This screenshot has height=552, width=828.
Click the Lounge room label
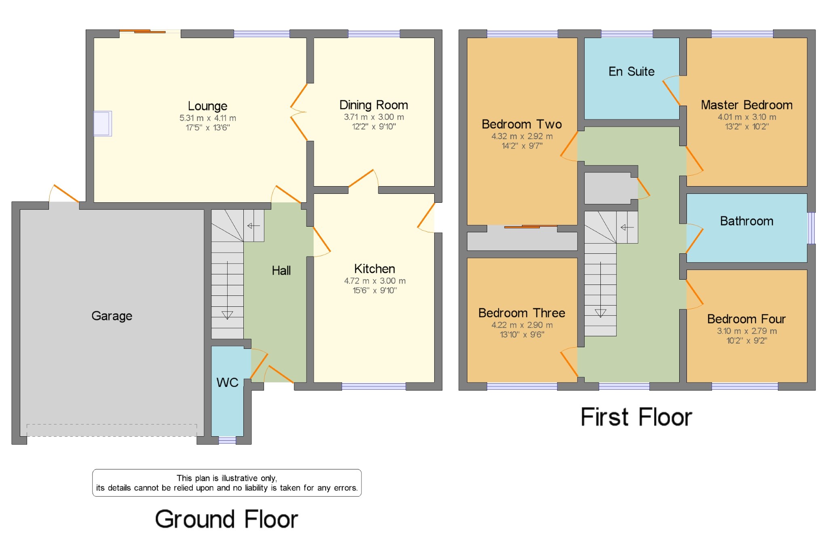tap(207, 106)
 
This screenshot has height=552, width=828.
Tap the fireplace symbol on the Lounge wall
tap(103, 123)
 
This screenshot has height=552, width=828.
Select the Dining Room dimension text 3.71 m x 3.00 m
tap(374, 117)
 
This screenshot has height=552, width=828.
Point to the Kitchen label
tap(374, 269)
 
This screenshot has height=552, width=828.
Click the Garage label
tap(112, 316)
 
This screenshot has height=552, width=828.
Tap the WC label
tap(227, 382)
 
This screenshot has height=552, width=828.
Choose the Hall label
tap(281, 270)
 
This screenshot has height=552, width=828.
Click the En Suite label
tap(632, 72)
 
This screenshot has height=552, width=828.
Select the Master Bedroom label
tap(746, 105)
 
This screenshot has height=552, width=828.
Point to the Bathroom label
tap(746, 221)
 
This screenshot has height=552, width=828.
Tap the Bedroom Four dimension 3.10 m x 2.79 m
tap(747, 331)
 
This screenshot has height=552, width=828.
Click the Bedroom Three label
tap(522, 313)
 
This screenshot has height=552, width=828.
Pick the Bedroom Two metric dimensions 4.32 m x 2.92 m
tap(522, 136)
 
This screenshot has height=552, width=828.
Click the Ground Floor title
tap(226, 519)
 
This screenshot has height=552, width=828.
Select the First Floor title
tap(636, 417)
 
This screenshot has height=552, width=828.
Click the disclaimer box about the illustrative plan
tap(227, 483)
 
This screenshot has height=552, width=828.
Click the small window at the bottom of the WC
tap(227, 440)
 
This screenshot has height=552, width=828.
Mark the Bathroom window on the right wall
tap(811, 228)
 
